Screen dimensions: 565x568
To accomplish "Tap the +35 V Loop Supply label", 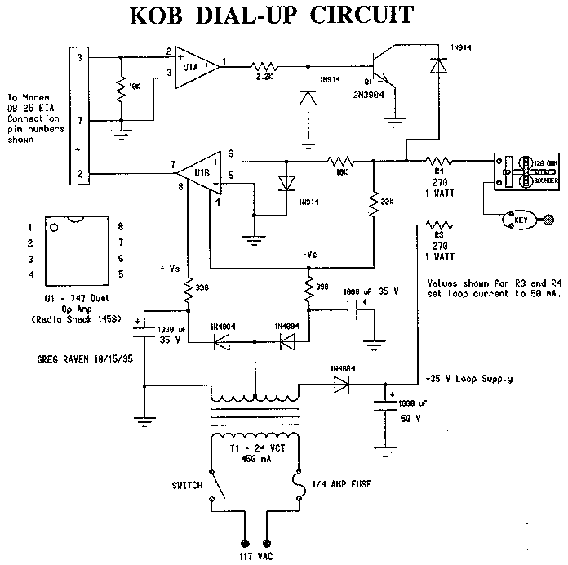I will tap(468, 379).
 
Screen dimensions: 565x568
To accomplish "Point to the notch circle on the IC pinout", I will tap(54, 229).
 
